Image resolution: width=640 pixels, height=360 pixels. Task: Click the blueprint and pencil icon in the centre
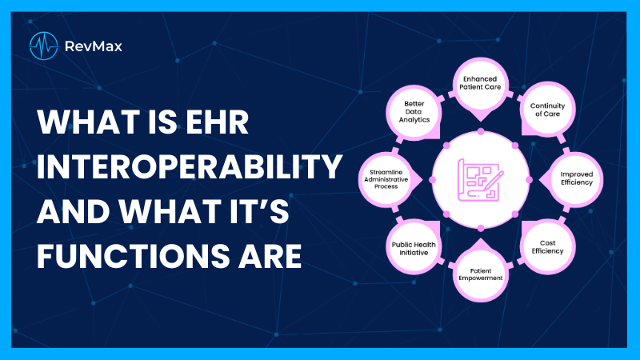pyautogui.click(x=479, y=179)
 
